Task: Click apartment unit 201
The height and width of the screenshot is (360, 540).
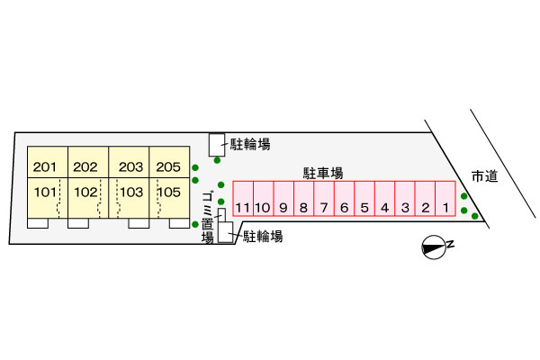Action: [x=48, y=162]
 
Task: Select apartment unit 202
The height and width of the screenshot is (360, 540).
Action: [x=88, y=162]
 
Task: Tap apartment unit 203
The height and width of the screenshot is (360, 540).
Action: [x=129, y=162]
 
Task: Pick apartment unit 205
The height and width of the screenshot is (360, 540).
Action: [x=169, y=162]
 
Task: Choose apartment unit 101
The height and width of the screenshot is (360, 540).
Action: [x=48, y=198]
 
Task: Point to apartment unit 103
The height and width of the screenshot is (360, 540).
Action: [x=129, y=198]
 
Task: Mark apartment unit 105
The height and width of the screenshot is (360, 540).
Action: [x=169, y=198]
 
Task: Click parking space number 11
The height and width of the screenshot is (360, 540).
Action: [x=243, y=199]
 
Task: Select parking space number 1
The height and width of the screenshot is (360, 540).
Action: [x=445, y=199]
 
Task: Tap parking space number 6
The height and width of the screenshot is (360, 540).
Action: [x=345, y=199]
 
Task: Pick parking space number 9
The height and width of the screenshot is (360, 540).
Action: [x=283, y=199]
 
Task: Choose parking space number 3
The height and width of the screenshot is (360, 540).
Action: [x=405, y=199]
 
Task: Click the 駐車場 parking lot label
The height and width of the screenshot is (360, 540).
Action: [x=323, y=174]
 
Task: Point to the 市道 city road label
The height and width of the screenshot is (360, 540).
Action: [x=485, y=176]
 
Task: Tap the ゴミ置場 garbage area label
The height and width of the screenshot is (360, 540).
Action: [x=208, y=218]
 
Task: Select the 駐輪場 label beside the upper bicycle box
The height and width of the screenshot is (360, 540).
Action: [x=250, y=144]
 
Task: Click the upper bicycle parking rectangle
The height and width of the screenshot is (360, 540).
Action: [x=217, y=145]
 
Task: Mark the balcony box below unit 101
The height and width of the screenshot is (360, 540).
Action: [x=38, y=223]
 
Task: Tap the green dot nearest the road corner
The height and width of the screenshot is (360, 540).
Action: [x=475, y=216]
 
